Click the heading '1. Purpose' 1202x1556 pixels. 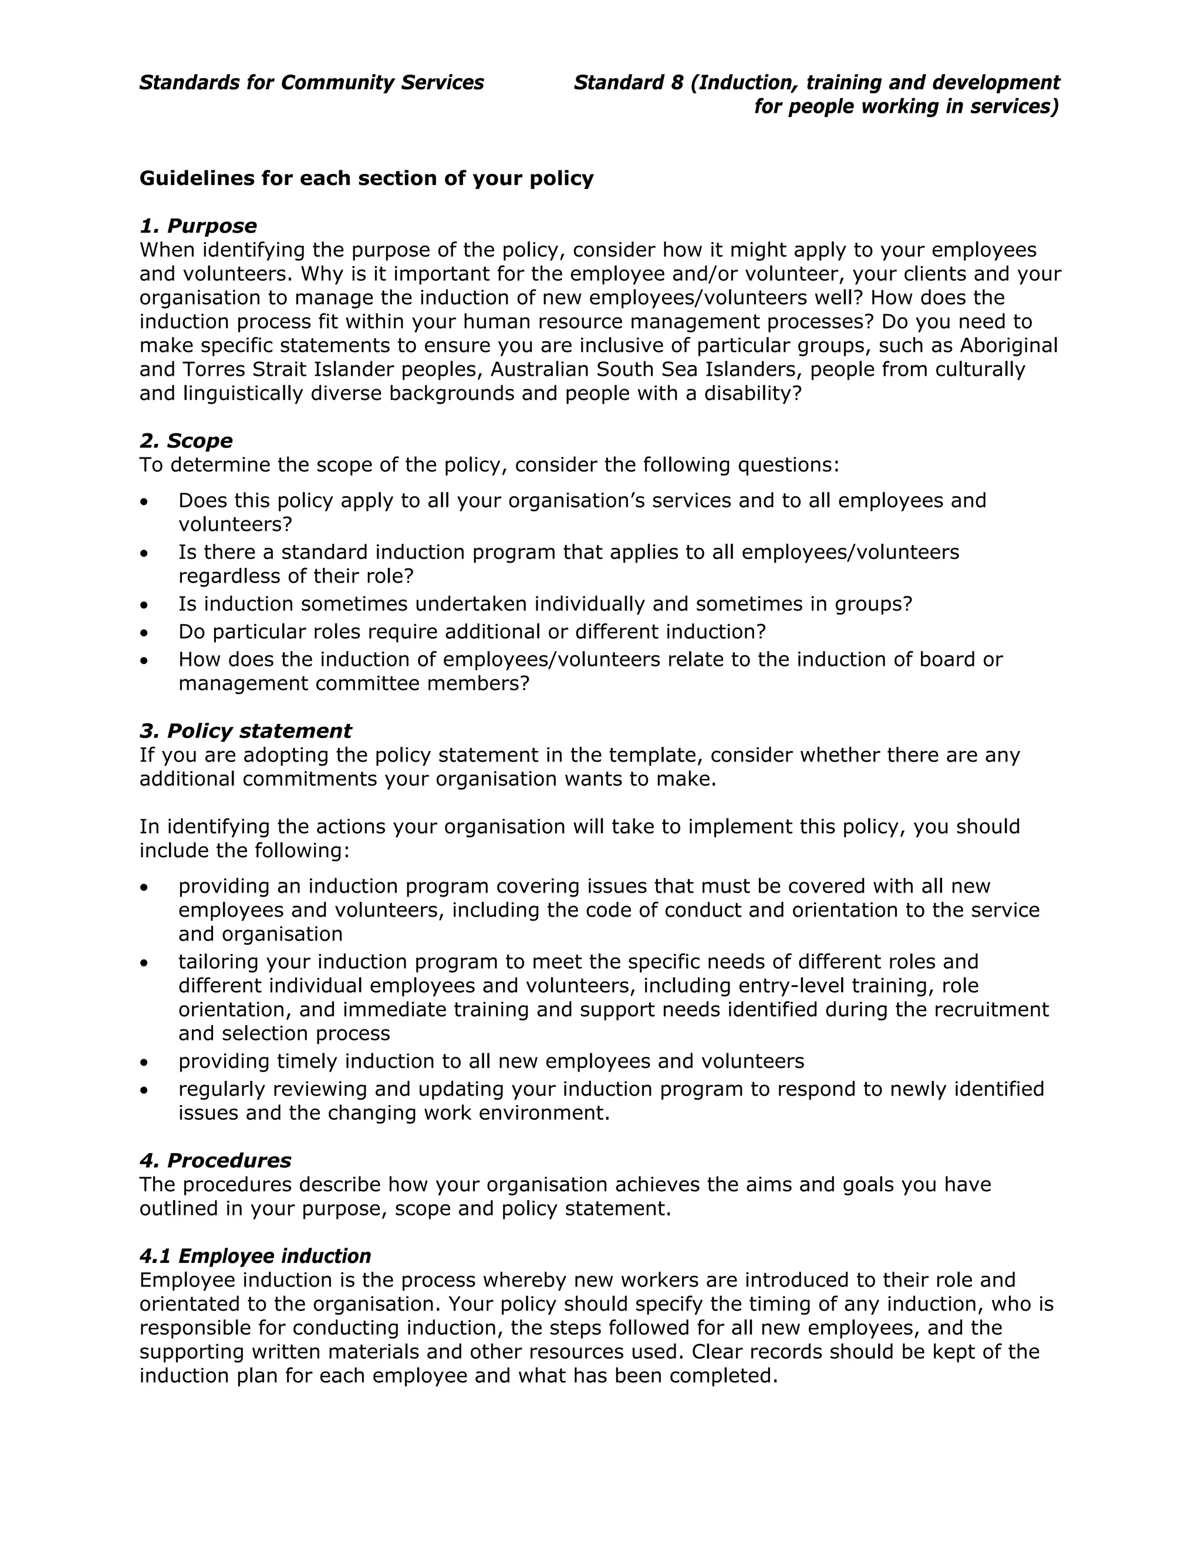coord(198,226)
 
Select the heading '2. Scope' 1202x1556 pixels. coord(186,440)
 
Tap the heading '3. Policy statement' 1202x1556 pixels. coord(245,730)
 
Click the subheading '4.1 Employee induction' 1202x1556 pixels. coord(255,1255)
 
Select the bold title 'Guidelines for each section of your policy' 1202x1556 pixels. coord(366,178)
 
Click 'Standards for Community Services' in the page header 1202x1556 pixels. coord(311,83)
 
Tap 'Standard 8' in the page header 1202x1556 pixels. coord(628,83)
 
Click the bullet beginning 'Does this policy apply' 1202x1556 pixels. coord(144,501)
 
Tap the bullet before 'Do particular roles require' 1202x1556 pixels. coord(144,632)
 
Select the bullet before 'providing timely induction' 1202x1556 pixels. coord(144,1062)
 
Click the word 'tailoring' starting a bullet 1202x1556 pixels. coord(220,962)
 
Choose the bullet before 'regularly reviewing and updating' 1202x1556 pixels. coord(144,1090)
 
